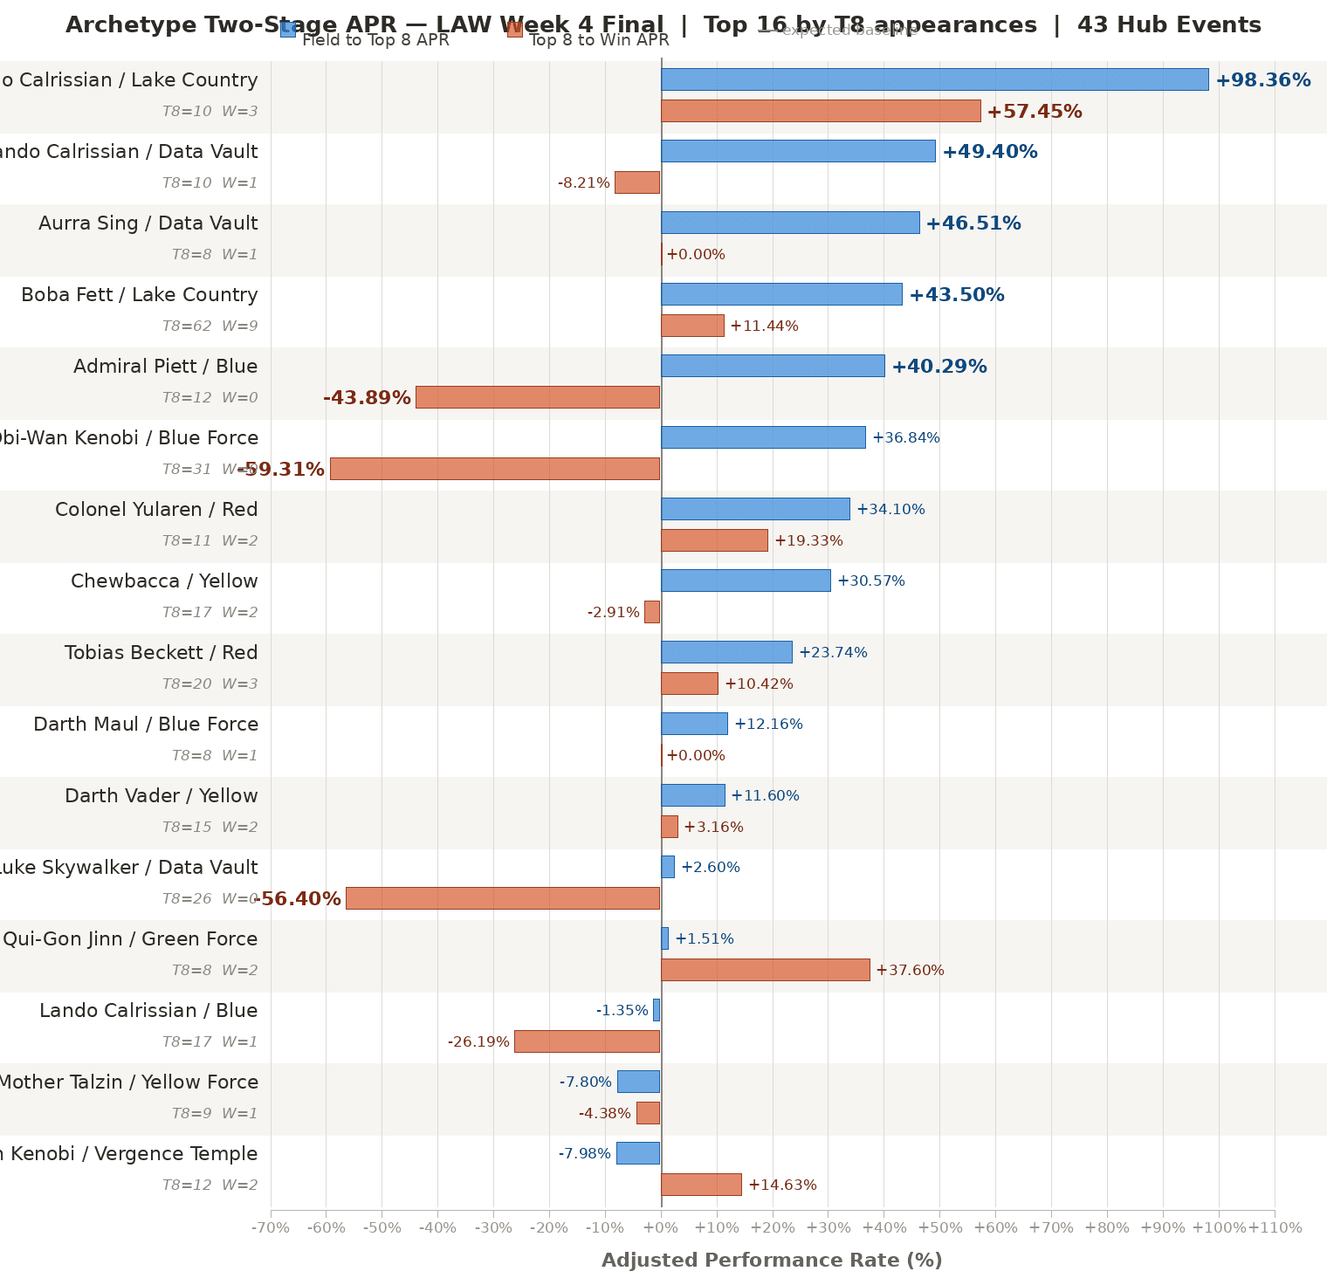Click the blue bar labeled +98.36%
pyautogui.click(x=934, y=79)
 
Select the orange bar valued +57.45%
pyautogui.click(x=821, y=111)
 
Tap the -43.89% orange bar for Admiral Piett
pyautogui.click(x=538, y=397)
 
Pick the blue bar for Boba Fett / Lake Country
pyautogui.click(x=781, y=294)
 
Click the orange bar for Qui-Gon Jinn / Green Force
pyautogui.click(x=765, y=970)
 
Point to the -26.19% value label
pyautogui.click(x=478, y=1041)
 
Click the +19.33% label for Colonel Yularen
pyautogui.click(x=808, y=540)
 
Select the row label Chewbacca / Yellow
pyautogui.click(x=164, y=581)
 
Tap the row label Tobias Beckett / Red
pyautogui.click(x=162, y=652)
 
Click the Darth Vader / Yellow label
pyautogui.click(x=162, y=795)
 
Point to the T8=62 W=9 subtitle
pyautogui.click(x=210, y=326)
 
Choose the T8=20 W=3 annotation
pyautogui.click(x=210, y=684)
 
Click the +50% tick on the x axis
pyautogui.click(x=939, y=1227)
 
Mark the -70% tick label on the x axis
pyautogui.click(x=271, y=1227)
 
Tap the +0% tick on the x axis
pyautogui.click(x=661, y=1227)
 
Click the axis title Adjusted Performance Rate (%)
pyautogui.click(x=772, y=1260)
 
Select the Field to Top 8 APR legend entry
pyautogui.click(x=375, y=39)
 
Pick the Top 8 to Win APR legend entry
pyautogui.click(x=599, y=39)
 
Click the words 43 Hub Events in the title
pyautogui.click(x=1169, y=24)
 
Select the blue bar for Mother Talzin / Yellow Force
pyautogui.click(x=638, y=1082)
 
